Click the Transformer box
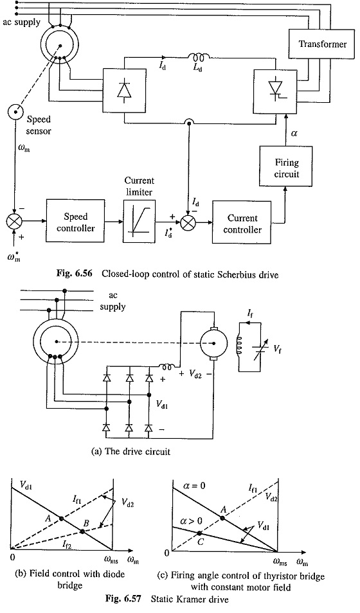[323, 44]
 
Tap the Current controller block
[242, 224]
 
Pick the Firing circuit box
[286, 166]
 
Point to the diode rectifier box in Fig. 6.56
[124, 86]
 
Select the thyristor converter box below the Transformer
[274, 87]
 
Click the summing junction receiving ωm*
[14, 222]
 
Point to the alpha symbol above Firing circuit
[294, 134]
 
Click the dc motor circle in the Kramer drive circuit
[213, 343]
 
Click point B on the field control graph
[82, 531]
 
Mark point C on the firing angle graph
[199, 533]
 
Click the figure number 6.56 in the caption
[84, 274]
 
